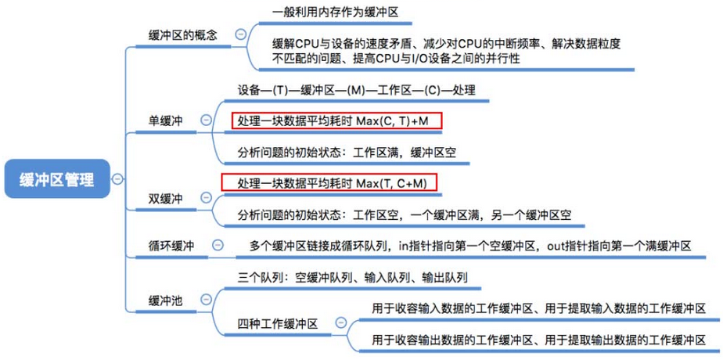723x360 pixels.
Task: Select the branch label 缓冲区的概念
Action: pos(182,35)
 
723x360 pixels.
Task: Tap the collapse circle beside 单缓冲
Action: pos(206,121)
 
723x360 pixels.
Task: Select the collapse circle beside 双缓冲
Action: pos(206,197)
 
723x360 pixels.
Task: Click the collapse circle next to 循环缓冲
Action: pos(217,245)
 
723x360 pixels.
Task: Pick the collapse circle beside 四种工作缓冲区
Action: pos(340,322)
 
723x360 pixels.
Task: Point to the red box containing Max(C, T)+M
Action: pos(337,121)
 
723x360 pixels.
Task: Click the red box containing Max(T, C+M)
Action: pos(329,183)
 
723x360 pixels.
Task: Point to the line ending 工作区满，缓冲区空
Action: pos(346,153)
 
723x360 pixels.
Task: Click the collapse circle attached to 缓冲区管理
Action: pos(117,179)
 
